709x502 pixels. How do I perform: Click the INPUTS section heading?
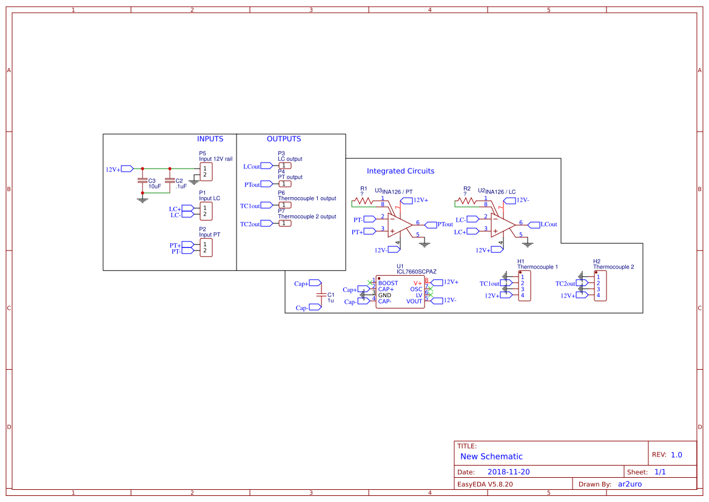210,139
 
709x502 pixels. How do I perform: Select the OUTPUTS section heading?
284,139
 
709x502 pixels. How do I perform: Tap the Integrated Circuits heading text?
400,171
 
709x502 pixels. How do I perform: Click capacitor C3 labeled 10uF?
143,181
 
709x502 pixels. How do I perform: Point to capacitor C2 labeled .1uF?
170,181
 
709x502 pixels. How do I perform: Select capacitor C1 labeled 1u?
321,295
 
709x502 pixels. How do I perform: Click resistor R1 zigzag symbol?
363,200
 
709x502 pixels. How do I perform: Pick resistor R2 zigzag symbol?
466,200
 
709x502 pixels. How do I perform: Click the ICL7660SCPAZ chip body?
400,292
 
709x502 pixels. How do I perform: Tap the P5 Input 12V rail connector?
206,172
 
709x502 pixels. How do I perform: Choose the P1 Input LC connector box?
206,211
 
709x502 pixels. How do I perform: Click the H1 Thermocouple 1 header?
525,286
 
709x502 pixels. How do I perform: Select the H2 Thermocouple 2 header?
600,286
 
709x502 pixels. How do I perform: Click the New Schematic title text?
491,457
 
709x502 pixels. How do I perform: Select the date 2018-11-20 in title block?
508,472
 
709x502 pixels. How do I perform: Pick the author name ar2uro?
630,484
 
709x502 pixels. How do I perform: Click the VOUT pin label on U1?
414,301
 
